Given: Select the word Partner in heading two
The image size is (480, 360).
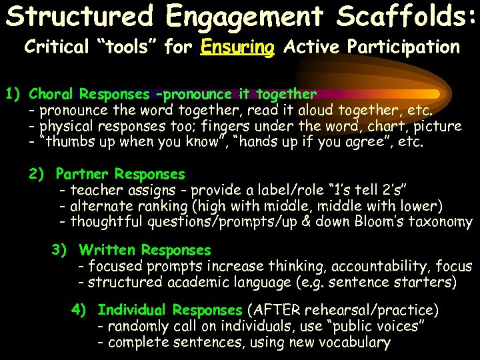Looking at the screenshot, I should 83,174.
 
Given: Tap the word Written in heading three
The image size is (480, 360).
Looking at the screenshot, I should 107,250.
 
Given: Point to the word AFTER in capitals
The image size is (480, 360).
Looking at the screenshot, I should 273,310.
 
